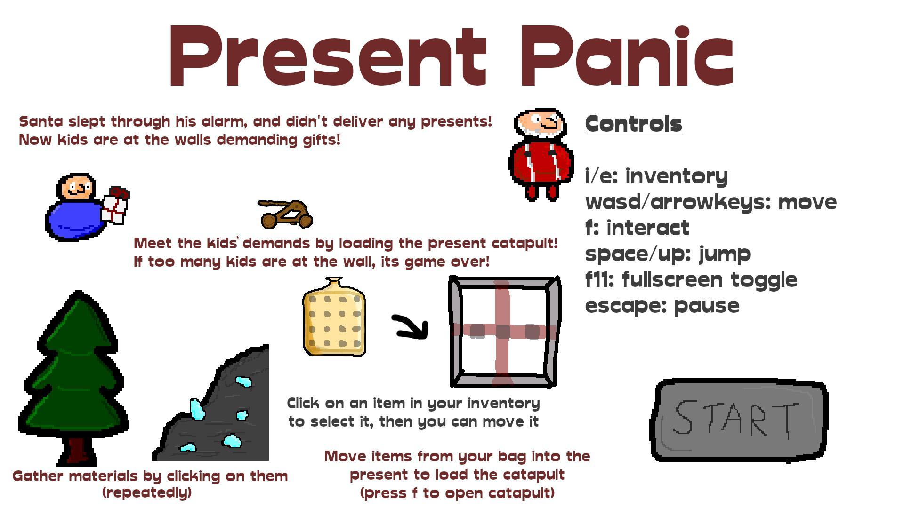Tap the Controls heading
point(633,124)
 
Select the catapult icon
point(286,214)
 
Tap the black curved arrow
point(411,326)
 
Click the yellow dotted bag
point(334,317)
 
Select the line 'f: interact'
point(637,228)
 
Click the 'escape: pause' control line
point(662,306)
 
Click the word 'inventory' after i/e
point(676,176)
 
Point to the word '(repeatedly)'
point(147,492)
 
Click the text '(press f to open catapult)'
point(457,493)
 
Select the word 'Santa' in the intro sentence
point(40,121)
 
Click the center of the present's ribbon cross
point(502,331)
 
